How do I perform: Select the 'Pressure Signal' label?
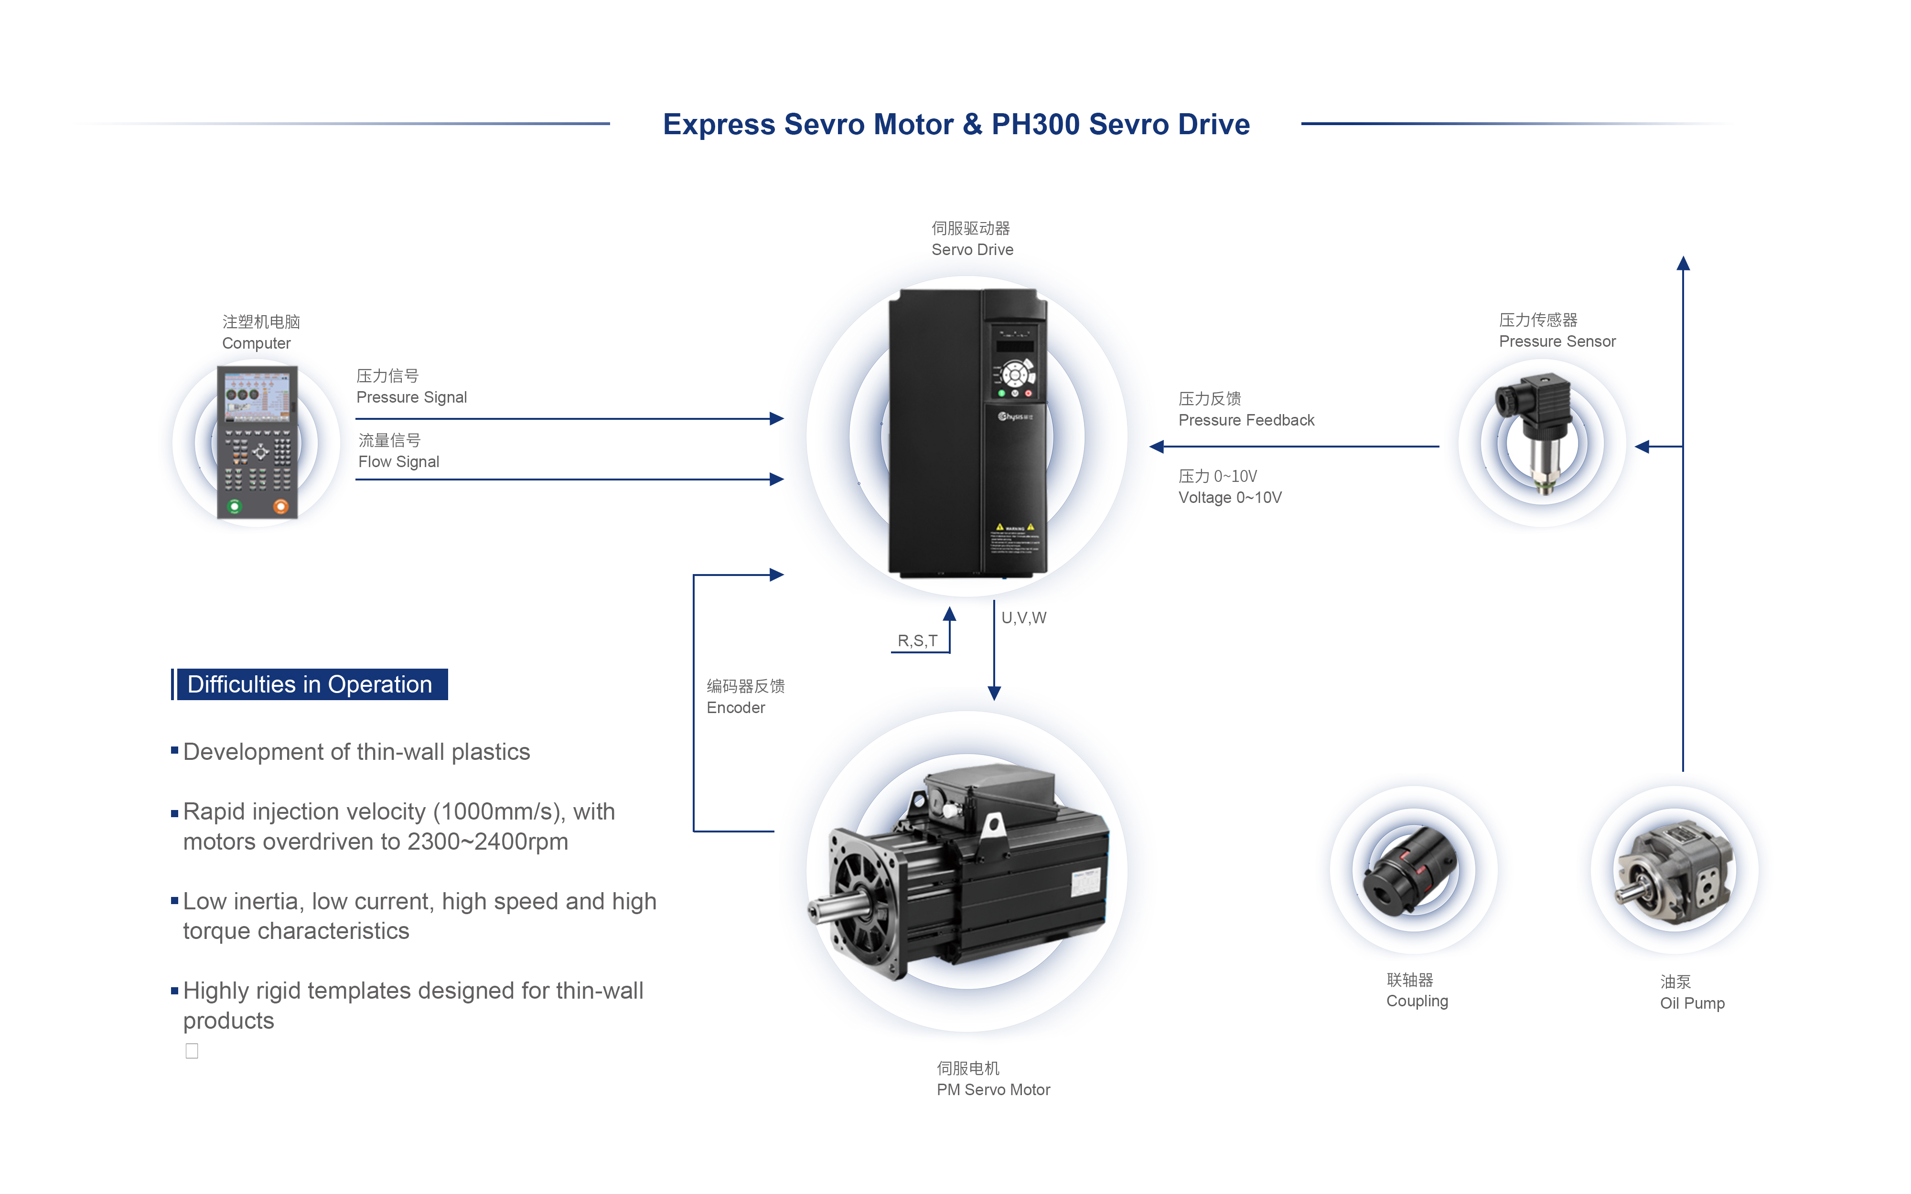[411, 397]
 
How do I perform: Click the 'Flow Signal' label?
[399, 462]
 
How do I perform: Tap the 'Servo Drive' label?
[972, 249]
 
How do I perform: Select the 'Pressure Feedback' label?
[1246, 420]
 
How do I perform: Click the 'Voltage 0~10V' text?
[1230, 498]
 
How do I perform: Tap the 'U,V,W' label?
[1023, 618]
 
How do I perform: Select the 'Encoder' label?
[735, 707]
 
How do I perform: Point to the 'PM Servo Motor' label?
[993, 1090]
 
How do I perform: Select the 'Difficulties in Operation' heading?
[310, 684]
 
